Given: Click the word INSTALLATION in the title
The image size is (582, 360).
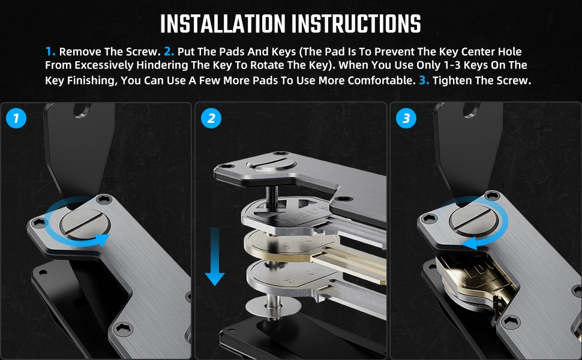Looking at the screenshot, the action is pos(223,24).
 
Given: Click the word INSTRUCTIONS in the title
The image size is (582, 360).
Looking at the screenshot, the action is pos(356,24).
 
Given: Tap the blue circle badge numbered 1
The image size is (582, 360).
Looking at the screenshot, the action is pos(16,118).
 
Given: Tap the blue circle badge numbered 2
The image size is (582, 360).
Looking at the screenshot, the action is pos(211,118).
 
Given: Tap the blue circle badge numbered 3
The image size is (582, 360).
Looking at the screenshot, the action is pos(406,118).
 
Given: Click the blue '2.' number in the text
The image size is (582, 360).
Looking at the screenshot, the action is pos(169,51).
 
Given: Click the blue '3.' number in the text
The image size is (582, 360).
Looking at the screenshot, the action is pos(424,80).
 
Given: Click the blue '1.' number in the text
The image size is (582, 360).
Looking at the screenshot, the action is pos(50,51).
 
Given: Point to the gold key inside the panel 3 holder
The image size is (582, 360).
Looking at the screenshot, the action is pos(477,275).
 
